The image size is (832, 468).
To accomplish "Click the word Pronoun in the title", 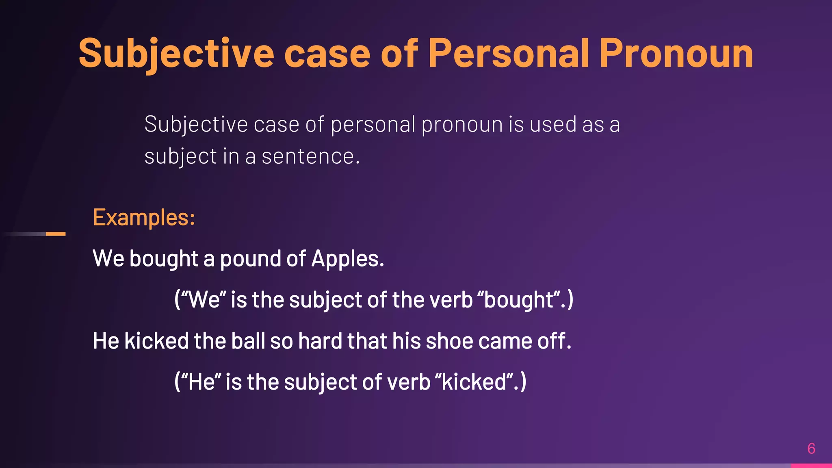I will (x=676, y=54).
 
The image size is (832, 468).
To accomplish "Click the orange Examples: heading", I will (x=144, y=217).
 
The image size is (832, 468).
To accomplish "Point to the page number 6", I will (x=811, y=448).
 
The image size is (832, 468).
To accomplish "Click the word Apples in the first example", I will (x=347, y=259).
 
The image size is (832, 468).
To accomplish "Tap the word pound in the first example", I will (x=250, y=259).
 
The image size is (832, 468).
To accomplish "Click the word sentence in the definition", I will (x=310, y=156).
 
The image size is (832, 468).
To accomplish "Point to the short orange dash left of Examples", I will (x=56, y=234).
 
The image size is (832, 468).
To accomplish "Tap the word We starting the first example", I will (x=108, y=259).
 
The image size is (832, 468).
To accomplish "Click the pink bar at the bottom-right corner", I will (x=811, y=466).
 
